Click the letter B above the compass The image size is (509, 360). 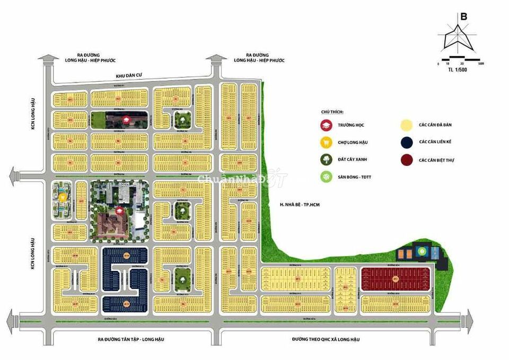click(x=463, y=16)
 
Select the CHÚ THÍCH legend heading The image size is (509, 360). click(x=332, y=112)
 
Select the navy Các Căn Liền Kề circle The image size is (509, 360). click(x=407, y=142)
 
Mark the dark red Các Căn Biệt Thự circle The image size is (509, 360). click(x=407, y=160)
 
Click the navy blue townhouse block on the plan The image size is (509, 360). click(x=126, y=278)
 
